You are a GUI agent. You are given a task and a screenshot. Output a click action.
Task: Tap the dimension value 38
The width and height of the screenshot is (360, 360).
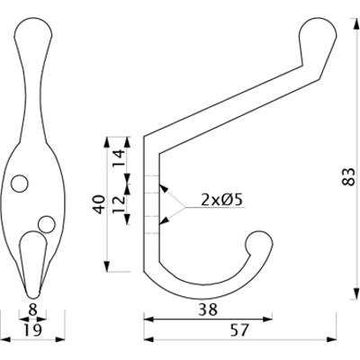206,308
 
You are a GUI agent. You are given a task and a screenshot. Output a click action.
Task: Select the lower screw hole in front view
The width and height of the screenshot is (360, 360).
46,221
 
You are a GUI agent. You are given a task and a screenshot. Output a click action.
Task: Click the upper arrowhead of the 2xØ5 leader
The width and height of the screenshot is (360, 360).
162,189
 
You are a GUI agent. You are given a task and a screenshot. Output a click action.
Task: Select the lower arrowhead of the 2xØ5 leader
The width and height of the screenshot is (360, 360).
162,220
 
